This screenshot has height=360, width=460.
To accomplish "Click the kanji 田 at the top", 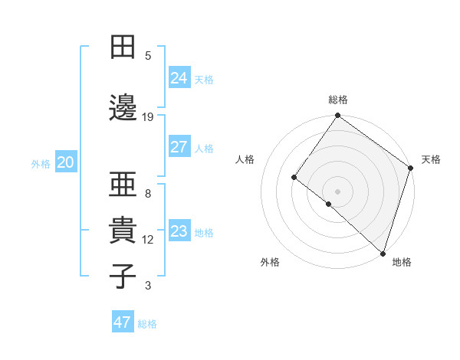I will point(122,47).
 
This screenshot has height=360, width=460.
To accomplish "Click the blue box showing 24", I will point(179,77).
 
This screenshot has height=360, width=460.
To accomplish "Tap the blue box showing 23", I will point(179,231).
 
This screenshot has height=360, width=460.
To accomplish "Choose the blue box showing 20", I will point(66,162).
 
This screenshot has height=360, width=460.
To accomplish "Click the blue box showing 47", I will point(123,322).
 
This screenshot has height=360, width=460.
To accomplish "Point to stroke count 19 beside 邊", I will point(148,116).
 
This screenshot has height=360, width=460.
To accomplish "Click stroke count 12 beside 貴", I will point(148,240).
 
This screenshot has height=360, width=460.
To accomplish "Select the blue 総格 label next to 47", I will point(147,324).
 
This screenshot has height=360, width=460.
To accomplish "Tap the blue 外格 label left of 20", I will point(41,163).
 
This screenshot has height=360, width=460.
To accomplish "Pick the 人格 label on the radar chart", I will point(245,159).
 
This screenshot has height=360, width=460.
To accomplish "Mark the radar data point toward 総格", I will point(337,116).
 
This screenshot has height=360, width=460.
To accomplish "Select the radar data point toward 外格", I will point(329,204).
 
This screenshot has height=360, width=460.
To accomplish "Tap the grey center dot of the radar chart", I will point(337,191).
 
